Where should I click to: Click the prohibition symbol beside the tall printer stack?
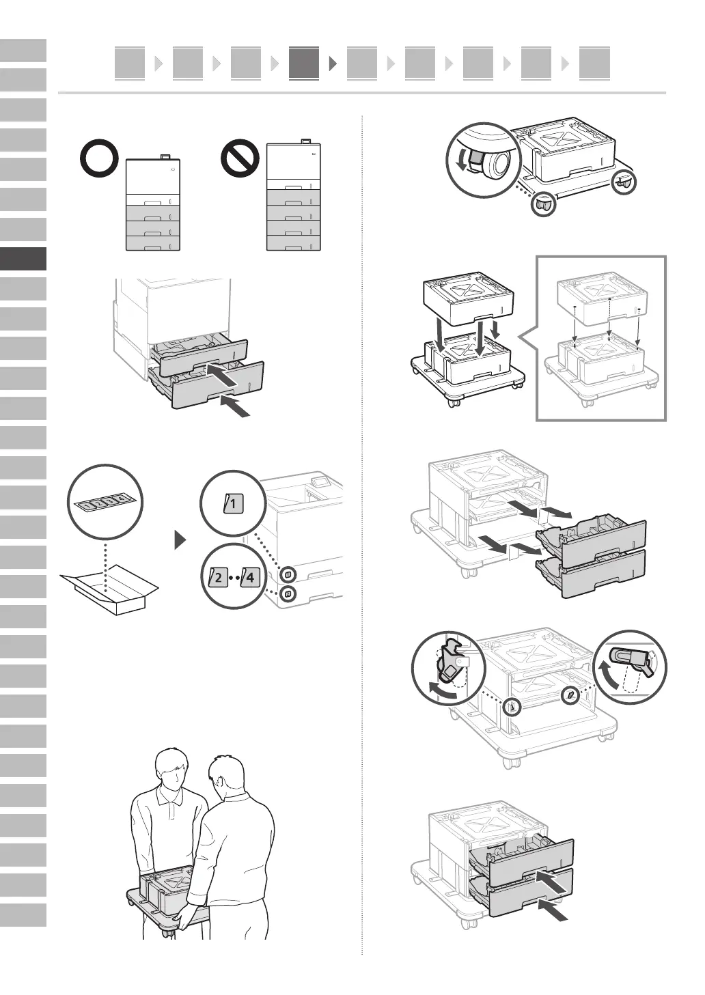240,159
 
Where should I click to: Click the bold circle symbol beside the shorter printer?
99,160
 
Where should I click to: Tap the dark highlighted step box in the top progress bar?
304,64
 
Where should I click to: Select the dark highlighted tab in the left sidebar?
23,259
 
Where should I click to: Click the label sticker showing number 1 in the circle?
232,505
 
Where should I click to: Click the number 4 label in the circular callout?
251,577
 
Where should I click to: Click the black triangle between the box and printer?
180,541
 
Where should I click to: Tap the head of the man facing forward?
171,769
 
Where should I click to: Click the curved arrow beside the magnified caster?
459,161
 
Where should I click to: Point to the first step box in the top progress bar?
130,64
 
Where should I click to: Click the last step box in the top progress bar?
594,64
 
